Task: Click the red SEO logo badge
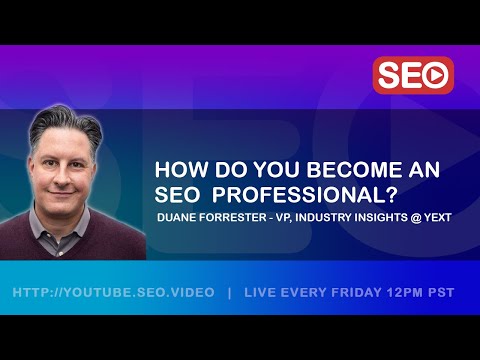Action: (413, 75)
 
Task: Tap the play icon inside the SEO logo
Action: (434, 75)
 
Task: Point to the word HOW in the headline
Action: (177, 170)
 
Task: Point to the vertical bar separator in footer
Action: (230, 292)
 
